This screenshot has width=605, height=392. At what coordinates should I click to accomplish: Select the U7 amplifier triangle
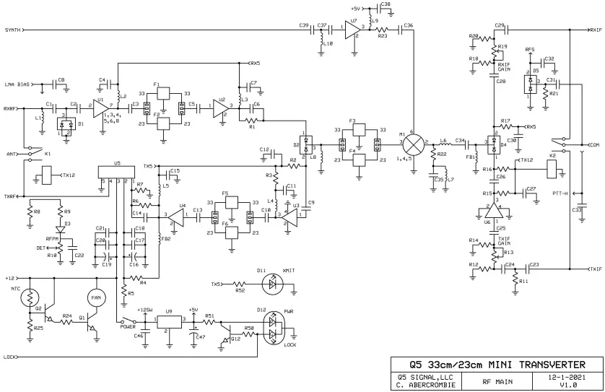click(x=352, y=30)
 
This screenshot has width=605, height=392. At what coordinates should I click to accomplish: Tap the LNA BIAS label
click(x=18, y=84)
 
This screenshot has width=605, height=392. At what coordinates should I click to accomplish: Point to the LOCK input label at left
click(x=9, y=357)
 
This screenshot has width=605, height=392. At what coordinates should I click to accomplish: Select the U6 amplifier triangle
click(x=495, y=214)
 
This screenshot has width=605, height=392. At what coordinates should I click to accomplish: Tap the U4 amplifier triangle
click(x=177, y=214)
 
